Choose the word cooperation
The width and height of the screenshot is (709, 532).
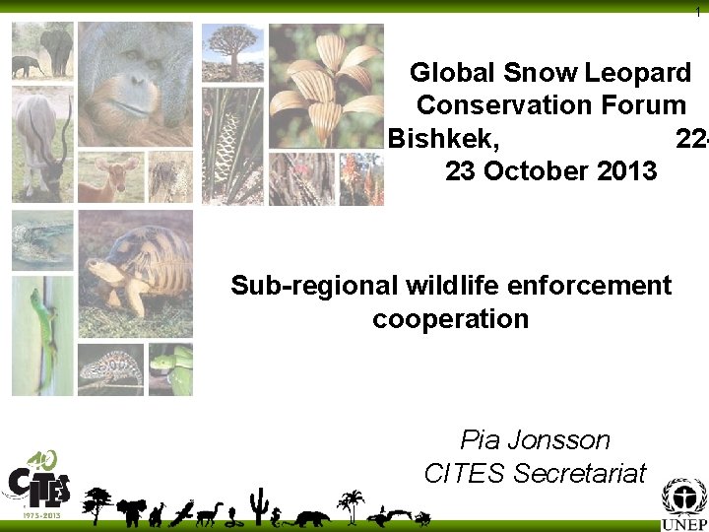450,319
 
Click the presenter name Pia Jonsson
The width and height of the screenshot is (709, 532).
535,440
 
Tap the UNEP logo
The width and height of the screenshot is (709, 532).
683,505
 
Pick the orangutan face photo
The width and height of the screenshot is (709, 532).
135,84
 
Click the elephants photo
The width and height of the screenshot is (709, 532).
42,51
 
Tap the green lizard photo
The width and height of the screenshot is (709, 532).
42,334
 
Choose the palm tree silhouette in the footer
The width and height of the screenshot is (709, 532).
350,505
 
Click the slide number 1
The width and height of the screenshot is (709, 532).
698,10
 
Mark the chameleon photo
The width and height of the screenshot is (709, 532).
110,369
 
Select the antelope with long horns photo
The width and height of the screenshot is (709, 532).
42,143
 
